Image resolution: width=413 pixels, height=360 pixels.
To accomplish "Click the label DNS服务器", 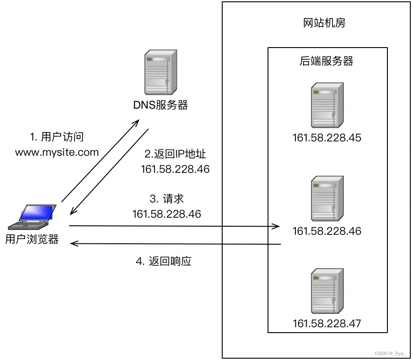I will coord(160,105).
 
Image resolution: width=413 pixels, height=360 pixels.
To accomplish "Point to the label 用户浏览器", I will coord(32,239).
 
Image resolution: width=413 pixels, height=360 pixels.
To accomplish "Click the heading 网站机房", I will coord(325,23).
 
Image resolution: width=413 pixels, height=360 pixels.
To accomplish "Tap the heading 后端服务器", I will coord(326,61).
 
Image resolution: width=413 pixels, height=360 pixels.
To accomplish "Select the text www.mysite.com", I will coord(57,152).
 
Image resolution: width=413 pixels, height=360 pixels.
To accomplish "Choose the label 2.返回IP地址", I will coord(175,154).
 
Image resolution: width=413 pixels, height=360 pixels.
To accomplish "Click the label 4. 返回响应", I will coord(164,261).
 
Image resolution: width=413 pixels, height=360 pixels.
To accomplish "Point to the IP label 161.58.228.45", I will coord(327,138).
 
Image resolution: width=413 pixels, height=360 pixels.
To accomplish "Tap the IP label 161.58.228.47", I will coord(327,323).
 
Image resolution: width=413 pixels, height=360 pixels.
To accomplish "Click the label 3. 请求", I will coord(167,199).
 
